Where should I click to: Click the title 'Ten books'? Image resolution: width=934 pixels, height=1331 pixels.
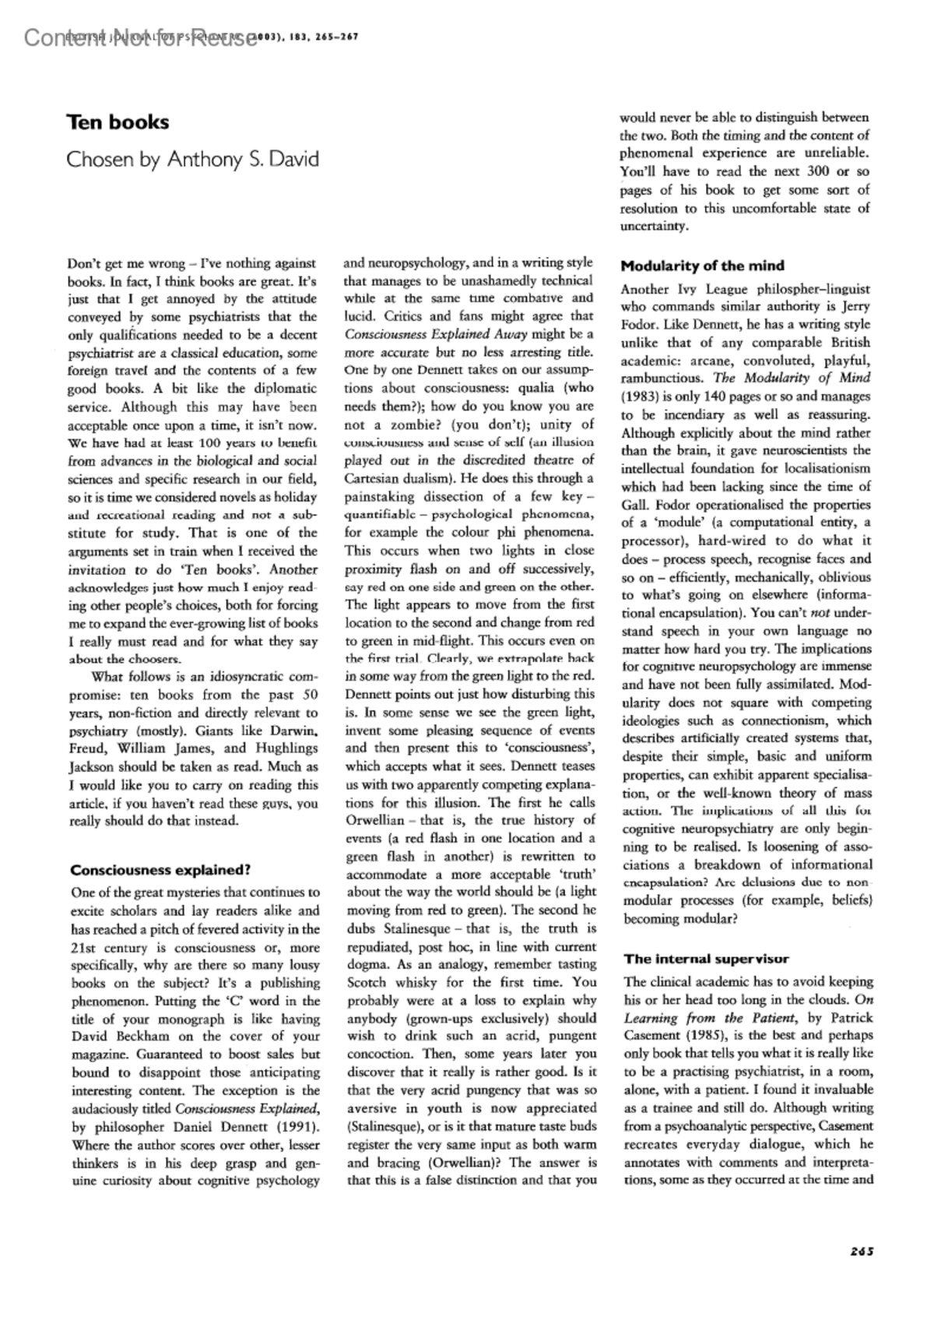(x=118, y=123)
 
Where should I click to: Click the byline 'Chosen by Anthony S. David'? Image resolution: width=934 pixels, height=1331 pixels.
(x=192, y=160)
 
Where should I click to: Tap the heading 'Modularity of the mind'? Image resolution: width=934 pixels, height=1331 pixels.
(x=702, y=266)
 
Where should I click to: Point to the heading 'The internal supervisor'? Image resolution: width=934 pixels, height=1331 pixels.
(x=706, y=959)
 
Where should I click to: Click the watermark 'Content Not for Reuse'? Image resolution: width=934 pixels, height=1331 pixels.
(x=140, y=37)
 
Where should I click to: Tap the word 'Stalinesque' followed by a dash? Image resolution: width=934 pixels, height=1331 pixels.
(x=416, y=928)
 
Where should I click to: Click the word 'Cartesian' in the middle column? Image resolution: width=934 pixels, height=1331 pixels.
(x=377, y=478)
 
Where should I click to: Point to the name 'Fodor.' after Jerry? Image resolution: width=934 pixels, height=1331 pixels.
(x=641, y=325)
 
